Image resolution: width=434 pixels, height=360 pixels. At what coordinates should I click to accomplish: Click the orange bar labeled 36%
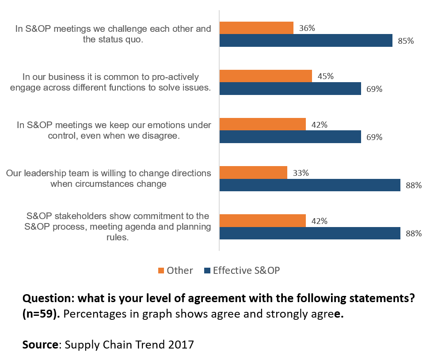[256, 28]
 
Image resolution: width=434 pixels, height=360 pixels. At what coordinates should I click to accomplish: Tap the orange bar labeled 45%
[266, 76]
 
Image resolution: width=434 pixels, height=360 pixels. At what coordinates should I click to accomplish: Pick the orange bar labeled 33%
[253, 173]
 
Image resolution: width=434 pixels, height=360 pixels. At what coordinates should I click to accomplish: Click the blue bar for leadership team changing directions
[310, 185]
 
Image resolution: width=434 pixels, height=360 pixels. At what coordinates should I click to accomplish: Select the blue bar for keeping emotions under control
[290, 137]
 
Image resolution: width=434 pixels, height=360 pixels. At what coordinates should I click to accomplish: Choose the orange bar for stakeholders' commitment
[263, 221]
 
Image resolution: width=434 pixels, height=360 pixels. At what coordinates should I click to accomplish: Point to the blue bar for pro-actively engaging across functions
[290, 89]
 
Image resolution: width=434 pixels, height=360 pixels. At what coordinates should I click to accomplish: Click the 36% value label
[307, 28]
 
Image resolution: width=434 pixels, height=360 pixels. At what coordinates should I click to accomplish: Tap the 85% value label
[405, 41]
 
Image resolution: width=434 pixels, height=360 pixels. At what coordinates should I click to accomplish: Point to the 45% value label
[325, 76]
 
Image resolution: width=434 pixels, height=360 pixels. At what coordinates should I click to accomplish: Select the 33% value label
[301, 173]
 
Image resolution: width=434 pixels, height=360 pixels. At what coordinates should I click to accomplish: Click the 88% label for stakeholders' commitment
[414, 234]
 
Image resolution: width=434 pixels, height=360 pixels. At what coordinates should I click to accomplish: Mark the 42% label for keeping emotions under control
[319, 125]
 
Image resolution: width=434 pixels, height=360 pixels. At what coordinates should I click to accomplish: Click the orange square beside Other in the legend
[161, 270]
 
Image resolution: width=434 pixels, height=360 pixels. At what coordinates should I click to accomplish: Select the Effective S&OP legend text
[246, 270]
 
